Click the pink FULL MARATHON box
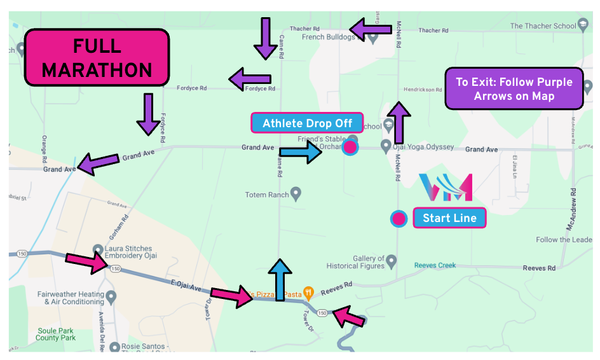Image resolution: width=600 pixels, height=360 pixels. pos(97,58)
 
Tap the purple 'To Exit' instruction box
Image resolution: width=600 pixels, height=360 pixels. pos(514,89)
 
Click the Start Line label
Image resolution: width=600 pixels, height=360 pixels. pos(449,218)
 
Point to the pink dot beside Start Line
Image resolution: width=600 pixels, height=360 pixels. pos(399,219)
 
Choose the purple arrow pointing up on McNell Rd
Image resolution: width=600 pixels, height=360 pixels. pos(399,123)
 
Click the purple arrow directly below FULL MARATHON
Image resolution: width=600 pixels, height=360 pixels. pos(148,114)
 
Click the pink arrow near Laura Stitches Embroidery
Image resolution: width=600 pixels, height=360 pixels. pos(88,261)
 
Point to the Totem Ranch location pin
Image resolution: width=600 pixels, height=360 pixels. pos(295,193)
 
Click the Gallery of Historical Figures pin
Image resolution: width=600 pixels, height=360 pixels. pos(392,261)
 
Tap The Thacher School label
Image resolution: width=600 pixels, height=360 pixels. pos(543,26)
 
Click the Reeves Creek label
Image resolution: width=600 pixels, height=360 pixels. pos(435,265)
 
